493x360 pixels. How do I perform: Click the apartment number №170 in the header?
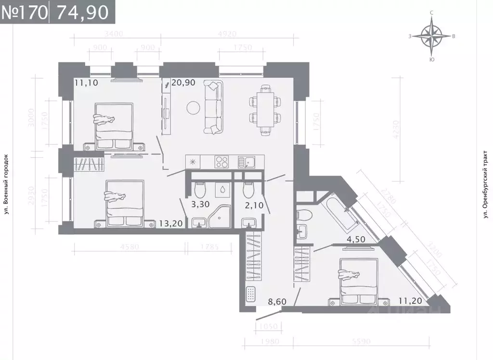pyautogui.click(x=25, y=12)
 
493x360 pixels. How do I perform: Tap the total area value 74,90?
pyautogui.click(x=82, y=12)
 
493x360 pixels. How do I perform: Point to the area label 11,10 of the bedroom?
pyautogui.click(x=87, y=83)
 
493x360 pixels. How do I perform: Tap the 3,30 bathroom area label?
pyautogui.click(x=201, y=204)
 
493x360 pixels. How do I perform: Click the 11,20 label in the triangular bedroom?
pyautogui.click(x=410, y=302)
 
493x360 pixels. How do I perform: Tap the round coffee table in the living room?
pyautogui.click(x=193, y=107)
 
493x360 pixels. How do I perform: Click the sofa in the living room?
pyautogui.click(x=214, y=107)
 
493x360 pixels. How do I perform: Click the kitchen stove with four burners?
pyautogui.click(x=222, y=161)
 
